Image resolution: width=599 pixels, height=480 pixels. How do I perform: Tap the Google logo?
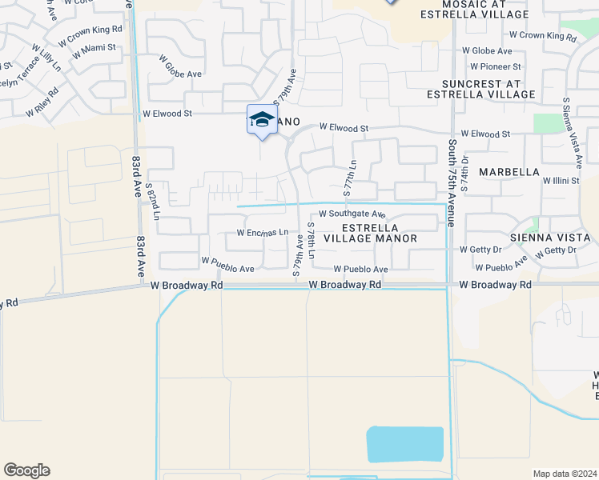pos(26,470)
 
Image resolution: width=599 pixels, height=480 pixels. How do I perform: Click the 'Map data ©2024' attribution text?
pos(565,473)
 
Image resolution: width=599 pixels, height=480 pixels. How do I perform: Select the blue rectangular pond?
pos(404,444)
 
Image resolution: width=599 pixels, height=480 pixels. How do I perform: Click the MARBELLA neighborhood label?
pos(509,172)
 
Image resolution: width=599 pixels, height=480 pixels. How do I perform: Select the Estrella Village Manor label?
pos(369,233)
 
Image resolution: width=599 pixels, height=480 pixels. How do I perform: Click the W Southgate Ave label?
pos(352,214)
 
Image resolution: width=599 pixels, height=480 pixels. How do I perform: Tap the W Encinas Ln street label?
pos(262,233)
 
